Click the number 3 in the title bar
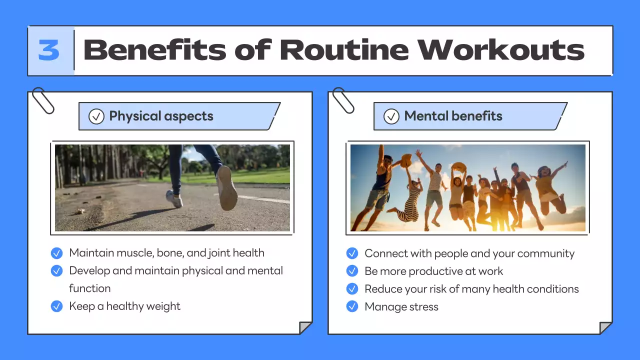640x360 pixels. (x=49, y=50)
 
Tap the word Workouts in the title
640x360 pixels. (x=501, y=50)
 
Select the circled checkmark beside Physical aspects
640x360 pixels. (x=96, y=116)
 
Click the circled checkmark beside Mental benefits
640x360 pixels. (x=391, y=116)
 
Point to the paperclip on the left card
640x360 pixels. (x=42, y=100)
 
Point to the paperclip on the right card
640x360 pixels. (x=343, y=100)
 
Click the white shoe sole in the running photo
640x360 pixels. (x=227, y=188)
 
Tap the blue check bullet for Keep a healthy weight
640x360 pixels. (x=57, y=306)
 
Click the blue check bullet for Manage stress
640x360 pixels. (x=352, y=306)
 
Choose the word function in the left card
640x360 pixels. (x=90, y=288)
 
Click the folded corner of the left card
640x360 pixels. (x=305, y=328)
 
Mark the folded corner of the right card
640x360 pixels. (x=605, y=328)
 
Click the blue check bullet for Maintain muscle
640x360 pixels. (x=57, y=253)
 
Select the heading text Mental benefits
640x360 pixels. (x=453, y=116)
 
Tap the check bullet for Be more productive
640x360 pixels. (x=352, y=271)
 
